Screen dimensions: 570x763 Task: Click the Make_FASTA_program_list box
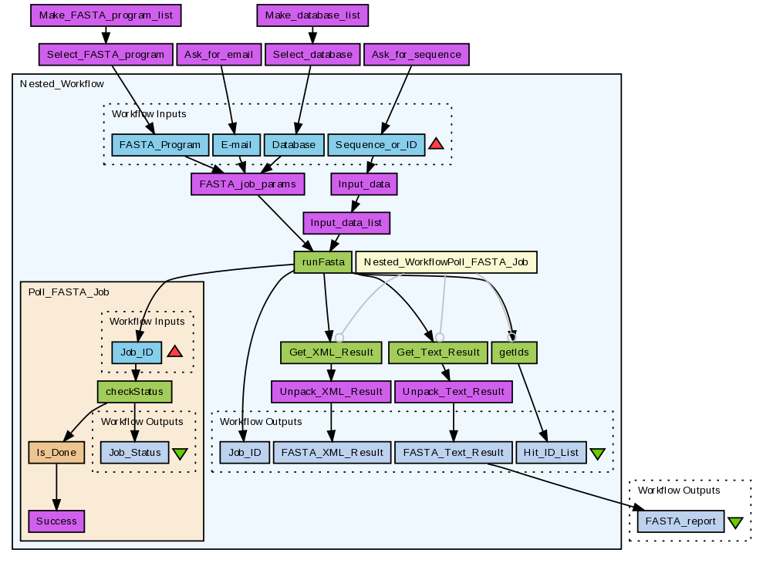[106, 15]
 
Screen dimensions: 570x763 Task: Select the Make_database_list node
[312, 15]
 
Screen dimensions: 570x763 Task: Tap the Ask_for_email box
[220, 55]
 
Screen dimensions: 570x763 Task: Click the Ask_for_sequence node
[416, 55]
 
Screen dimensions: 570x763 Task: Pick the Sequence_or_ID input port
[376, 144]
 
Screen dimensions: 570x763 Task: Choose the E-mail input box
[236, 144]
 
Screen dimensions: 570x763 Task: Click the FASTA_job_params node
[248, 184]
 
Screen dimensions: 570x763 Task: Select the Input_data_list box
[346, 223]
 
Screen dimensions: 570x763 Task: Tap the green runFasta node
[322, 262]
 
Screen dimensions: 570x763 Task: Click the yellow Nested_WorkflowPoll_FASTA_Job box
[445, 262]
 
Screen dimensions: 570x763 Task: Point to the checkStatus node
[134, 391]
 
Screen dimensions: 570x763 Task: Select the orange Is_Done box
[55, 453]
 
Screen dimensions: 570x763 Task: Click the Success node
[56, 521]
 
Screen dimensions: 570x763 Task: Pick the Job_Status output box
[134, 453]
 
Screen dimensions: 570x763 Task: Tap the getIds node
[514, 352]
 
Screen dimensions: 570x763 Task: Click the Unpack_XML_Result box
[331, 391]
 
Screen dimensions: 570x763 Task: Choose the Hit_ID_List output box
[551, 453]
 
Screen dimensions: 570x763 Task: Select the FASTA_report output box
[681, 521]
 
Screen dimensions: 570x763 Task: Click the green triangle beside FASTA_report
[735, 522]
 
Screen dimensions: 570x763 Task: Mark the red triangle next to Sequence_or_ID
[436, 144]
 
